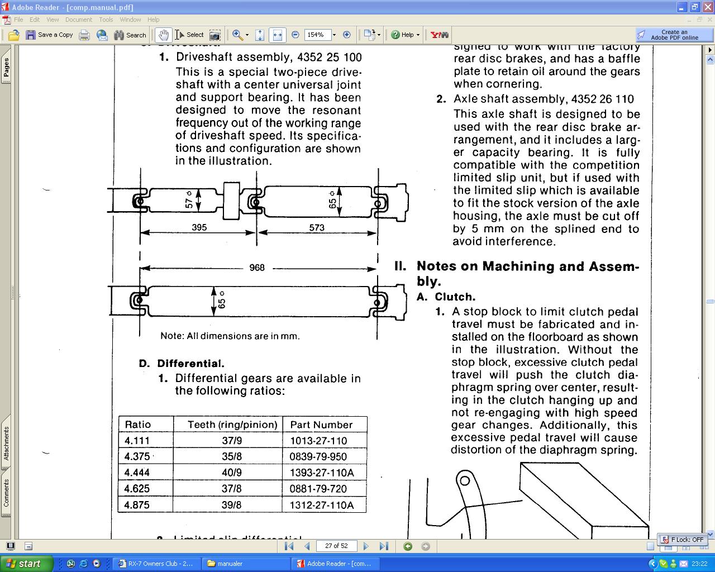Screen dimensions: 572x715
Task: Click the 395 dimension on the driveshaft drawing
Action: click(199, 227)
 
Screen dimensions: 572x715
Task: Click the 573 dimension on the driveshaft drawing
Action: click(317, 227)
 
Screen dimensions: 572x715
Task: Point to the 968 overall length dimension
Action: click(257, 268)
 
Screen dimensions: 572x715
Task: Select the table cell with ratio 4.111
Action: click(137, 441)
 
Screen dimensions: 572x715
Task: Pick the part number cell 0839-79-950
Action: click(318, 456)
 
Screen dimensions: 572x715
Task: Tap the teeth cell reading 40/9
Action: click(232, 473)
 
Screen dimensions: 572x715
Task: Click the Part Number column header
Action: click(321, 425)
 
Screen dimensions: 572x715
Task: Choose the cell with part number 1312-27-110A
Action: click(321, 505)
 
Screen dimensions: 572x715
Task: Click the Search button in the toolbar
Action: click(130, 35)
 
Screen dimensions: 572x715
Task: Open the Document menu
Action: click(78, 20)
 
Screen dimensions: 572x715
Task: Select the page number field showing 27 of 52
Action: click(336, 546)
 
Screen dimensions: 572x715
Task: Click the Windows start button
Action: click(26, 564)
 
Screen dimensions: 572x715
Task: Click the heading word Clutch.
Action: click(455, 297)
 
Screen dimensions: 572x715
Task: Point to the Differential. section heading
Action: click(190, 364)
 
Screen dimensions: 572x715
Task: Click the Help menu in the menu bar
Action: click(153, 20)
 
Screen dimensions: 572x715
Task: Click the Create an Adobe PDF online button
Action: click(674, 35)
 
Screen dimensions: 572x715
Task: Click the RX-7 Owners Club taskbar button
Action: click(156, 564)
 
